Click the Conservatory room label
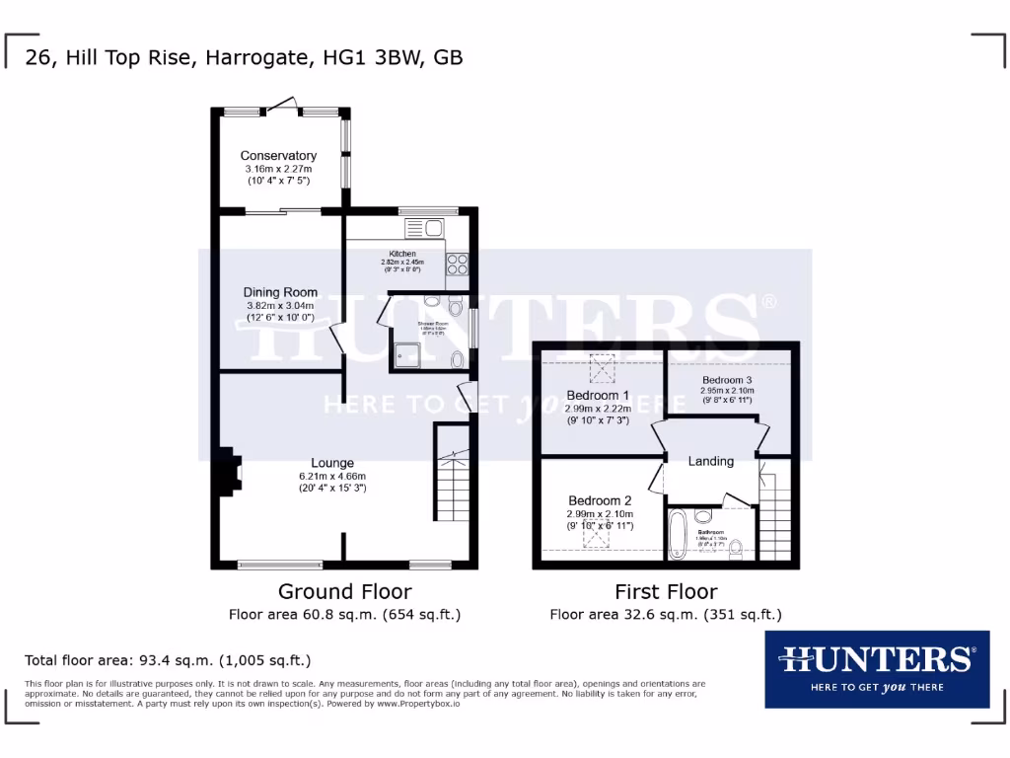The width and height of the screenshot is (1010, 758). (x=278, y=156)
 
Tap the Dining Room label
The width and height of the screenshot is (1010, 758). (x=280, y=292)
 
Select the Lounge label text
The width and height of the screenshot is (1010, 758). (x=332, y=463)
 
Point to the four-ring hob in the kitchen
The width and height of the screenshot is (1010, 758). (x=458, y=264)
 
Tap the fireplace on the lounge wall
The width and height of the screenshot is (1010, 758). (x=228, y=471)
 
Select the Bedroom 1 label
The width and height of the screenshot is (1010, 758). (x=598, y=395)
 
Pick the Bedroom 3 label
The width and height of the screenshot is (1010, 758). (x=728, y=380)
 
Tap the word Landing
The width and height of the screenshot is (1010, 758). (x=710, y=461)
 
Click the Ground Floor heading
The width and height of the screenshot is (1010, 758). (x=344, y=592)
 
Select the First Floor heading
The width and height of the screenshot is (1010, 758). (x=666, y=592)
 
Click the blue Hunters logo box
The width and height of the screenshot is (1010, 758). (x=877, y=669)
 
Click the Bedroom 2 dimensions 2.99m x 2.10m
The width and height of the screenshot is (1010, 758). (x=600, y=514)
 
